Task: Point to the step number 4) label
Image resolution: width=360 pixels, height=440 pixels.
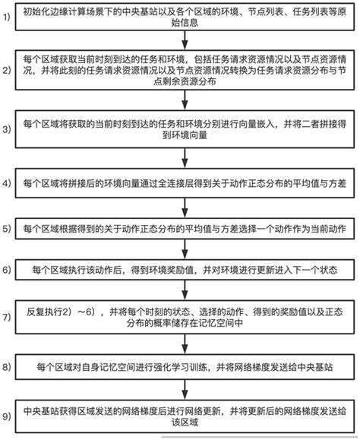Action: click(x=6, y=184)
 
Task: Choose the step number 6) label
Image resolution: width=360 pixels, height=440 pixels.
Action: click(x=6, y=269)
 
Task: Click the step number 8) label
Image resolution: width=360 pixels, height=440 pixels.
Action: click(x=6, y=368)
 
